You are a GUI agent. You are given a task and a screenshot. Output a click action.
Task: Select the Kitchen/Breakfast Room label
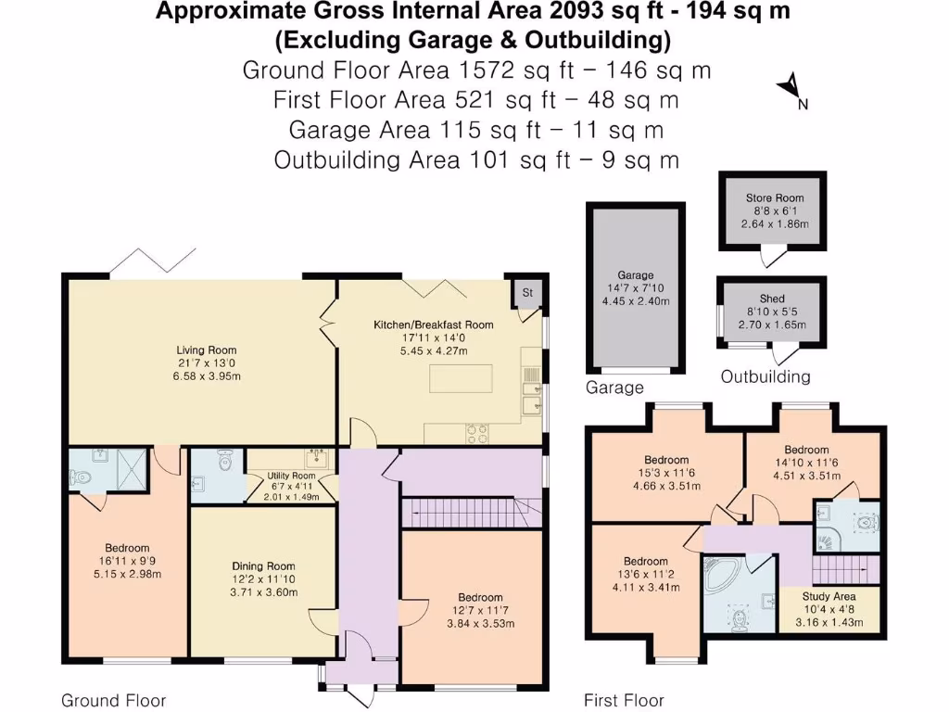pyautogui.click(x=433, y=324)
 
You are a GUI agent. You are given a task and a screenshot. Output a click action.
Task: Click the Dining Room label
pyautogui.click(x=263, y=566)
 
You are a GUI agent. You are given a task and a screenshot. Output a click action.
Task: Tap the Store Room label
pyautogui.click(x=775, y=197)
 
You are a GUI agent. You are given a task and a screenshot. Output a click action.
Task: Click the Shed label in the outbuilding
pyautogui.click(x=772, y=299)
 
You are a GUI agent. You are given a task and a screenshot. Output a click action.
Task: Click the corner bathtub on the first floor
pyautogui.click(x=723, y=575)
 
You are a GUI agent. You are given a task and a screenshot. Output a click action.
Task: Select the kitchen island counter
pyautogui.click(x=461, y=378)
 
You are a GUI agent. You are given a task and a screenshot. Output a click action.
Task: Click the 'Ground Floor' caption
pyautogui.click(x=113, y=700)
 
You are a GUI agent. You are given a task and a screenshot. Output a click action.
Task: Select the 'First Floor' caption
pyautogui.click(x=624, y=700)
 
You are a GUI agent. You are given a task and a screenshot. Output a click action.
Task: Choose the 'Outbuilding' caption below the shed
pyautogui.click(x=766, y=376)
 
